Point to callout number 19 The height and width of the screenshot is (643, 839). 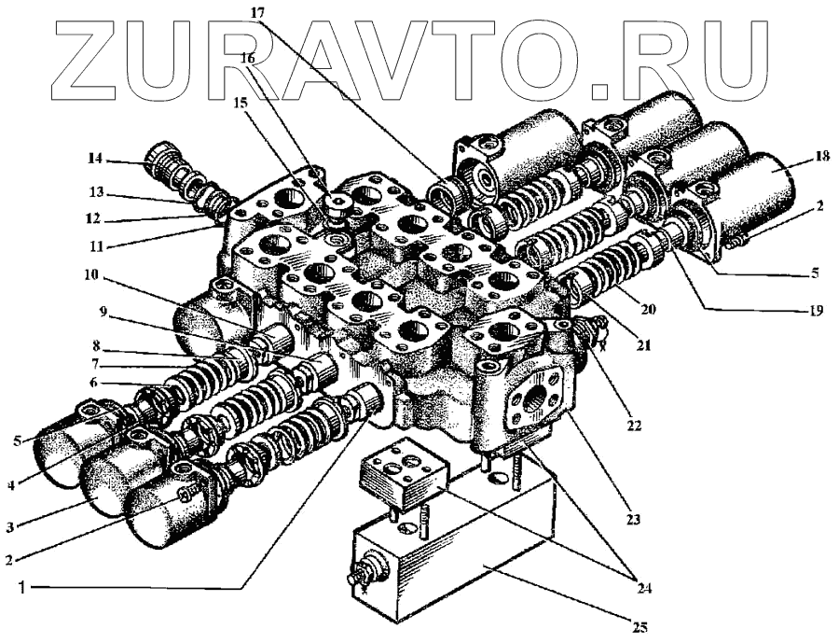coord(816,311)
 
